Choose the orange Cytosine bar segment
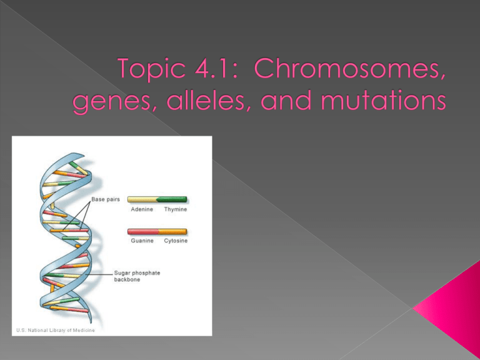point(173,231)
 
